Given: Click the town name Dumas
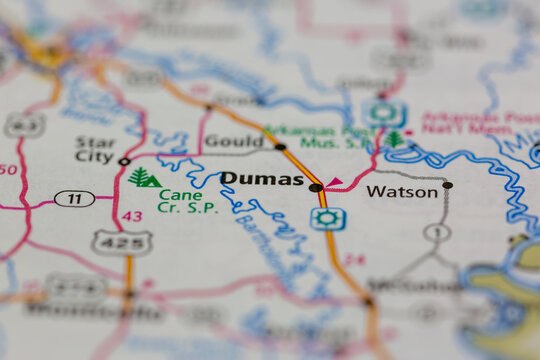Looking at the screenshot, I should coord(261,179).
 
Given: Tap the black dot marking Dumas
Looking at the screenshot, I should coord(315,187).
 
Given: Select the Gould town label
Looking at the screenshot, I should coord(233,141).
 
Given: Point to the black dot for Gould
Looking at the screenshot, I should coord(280,147).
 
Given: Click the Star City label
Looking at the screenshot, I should coord(95,148).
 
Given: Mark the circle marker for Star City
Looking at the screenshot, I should coord(124,161).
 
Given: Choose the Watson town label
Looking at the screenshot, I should coord(402,191).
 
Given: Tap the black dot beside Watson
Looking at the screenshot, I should coord(447,185).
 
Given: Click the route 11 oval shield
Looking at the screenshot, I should coord(74,198).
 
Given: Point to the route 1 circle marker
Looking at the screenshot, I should coord(436,232).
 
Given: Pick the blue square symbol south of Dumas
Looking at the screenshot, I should coord(327,218).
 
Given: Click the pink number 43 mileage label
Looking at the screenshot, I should coord(132,216).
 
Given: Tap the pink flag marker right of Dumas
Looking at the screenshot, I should coord(334,182).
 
